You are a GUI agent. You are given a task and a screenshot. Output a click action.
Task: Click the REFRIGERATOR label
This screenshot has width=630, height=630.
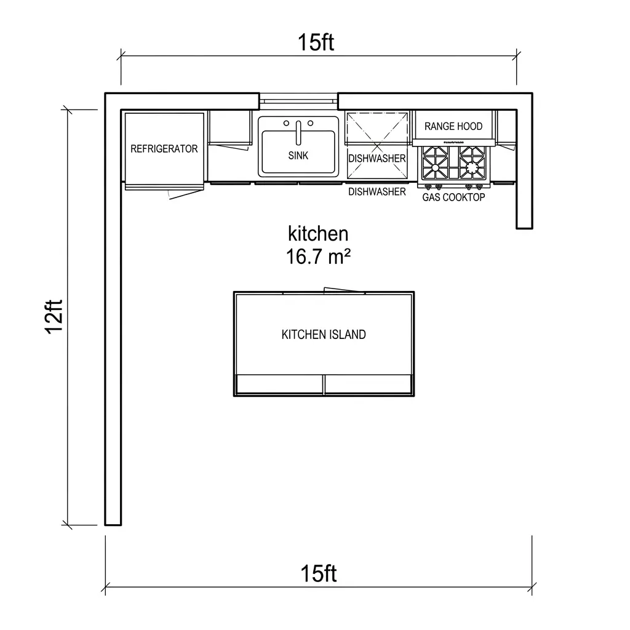[164, 149]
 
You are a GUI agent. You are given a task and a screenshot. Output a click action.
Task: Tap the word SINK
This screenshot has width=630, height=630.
[298, 156]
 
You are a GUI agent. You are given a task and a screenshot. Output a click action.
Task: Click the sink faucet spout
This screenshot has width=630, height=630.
[298, 133]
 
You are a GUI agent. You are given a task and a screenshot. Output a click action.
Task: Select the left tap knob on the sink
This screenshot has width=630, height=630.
[286, 123]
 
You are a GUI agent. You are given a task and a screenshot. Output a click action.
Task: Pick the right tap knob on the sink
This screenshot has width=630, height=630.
[310, 123]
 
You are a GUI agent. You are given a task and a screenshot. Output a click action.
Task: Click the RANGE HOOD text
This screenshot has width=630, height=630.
[453, 126]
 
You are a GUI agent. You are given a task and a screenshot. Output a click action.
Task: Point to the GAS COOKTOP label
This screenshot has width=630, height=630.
[453, 197]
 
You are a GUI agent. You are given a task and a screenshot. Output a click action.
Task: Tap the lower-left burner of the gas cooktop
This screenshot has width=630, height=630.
[435, 167]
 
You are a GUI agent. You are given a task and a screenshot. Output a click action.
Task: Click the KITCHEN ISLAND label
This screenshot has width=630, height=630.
[324, 335]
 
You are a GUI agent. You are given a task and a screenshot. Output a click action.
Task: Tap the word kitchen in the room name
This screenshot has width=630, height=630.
[318, 233]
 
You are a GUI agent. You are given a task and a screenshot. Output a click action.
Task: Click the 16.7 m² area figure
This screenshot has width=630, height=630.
[318, 257]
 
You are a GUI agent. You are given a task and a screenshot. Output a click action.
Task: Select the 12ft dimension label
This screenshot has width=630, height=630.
[54, 317]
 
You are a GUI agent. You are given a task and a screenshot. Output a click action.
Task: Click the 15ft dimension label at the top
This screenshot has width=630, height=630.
[316, 42]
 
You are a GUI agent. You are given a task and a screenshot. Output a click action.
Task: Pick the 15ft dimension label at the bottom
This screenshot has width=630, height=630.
[318, 573]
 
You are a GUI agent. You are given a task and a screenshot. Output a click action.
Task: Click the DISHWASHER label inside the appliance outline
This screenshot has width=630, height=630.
[377, 159]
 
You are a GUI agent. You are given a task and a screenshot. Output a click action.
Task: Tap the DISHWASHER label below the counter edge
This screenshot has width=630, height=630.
[377, 192]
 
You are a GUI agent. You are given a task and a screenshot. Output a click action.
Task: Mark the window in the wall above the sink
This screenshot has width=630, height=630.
[298, 102]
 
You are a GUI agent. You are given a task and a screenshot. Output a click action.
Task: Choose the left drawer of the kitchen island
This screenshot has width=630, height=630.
[280, 384]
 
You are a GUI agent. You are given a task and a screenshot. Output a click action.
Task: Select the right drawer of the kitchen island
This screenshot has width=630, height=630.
[368, 384]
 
